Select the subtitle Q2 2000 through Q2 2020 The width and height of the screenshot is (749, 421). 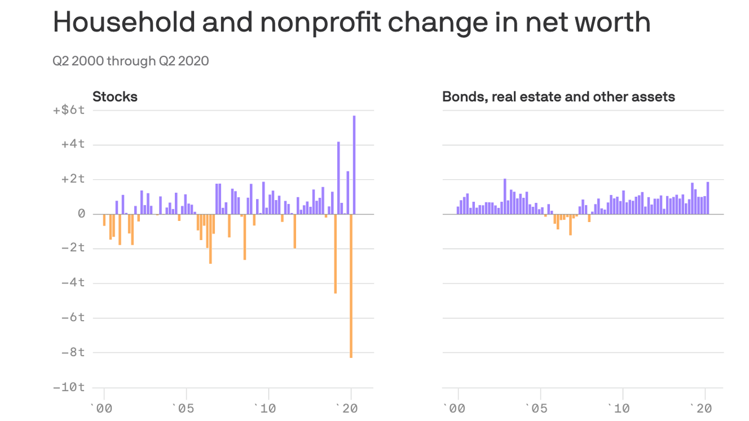[x=130, y=61]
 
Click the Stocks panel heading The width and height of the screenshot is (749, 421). [x=115, y=97]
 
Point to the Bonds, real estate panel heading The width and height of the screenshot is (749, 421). [x=558, y=97]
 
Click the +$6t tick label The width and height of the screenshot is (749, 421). [x=69, y=110]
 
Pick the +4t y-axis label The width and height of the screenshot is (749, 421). [x=73, y=145]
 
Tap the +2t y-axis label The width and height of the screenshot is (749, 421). [x=73, y=179]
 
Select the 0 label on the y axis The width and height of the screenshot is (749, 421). [x=81, y=214]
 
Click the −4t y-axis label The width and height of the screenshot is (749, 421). [x=73, y=283]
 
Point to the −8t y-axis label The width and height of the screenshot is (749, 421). [x=73, y=352]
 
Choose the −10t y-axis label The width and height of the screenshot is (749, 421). [x=69, y=387]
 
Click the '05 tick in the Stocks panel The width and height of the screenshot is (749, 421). [x=183, y=408]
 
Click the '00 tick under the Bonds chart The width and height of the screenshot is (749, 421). [x=455, y=408]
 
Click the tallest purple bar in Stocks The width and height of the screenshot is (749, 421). [x=354, y=164]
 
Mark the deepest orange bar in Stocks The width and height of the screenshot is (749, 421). [x=351, y=285]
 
